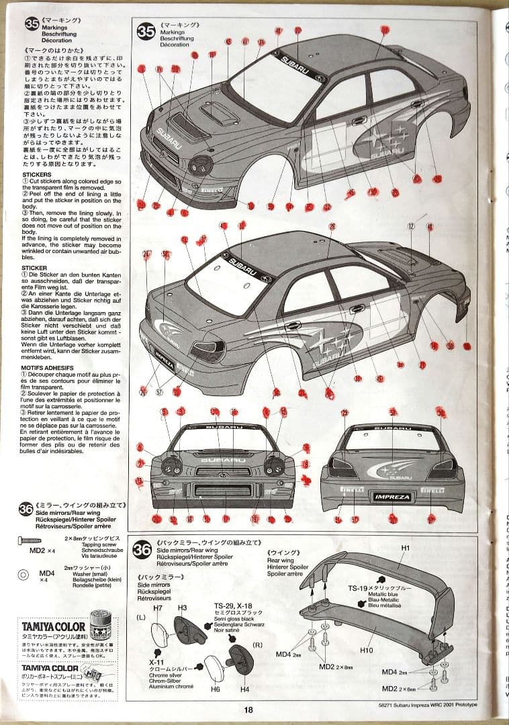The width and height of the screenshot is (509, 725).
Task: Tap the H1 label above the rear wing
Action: click(x=406, y=548)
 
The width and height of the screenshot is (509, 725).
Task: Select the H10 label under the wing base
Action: click(x=366, y=650)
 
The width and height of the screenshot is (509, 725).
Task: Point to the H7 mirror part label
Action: click(x=158, y=608)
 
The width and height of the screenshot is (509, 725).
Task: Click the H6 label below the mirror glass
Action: click(x=215, y=689)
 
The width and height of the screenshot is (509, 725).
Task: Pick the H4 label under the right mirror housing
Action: click(x=244, y=689)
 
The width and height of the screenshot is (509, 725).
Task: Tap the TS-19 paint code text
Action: click(x=357, y=589)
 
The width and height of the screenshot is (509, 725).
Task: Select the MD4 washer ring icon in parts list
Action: click(x=25, y=574)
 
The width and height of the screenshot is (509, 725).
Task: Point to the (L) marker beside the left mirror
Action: click(x=141, y=616)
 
